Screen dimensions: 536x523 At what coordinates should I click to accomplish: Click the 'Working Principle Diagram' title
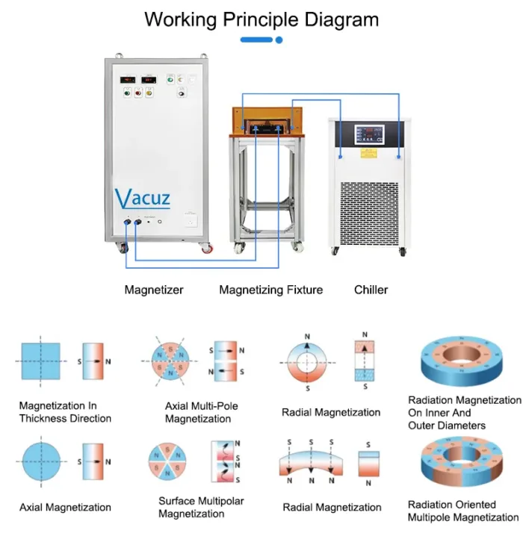point(261,19)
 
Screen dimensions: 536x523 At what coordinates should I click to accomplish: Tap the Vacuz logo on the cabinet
point(143,199)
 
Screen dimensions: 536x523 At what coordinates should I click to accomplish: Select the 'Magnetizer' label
point(154,290)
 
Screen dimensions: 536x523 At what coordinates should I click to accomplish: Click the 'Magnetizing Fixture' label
point(270,290)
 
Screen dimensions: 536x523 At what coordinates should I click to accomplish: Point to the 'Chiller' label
point(371,290)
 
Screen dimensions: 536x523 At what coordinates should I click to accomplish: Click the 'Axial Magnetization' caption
point(65,508)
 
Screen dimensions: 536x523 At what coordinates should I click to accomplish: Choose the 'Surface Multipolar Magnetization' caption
point(201,508)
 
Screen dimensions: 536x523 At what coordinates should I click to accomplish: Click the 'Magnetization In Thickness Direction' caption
point(65,412)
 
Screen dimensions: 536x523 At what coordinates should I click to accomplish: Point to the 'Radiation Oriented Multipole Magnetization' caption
point(463,511)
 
